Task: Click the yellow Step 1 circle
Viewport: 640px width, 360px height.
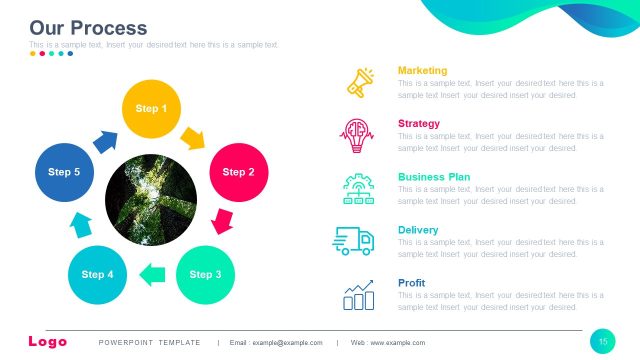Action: point(151,108)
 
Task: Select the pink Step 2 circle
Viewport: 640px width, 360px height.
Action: point(238,172)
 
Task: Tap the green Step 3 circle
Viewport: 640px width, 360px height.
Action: point(205,274)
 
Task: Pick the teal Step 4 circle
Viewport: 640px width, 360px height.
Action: point(97,274)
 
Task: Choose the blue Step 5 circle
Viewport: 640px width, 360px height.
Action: point(64,172)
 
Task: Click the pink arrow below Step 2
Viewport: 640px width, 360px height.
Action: point(224,219)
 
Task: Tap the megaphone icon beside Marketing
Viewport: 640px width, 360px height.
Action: point(359,82)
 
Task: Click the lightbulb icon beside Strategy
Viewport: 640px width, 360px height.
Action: point(357,134)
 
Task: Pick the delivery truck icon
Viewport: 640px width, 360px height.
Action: point(354,240)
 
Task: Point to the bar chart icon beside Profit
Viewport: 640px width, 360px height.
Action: point(358,294)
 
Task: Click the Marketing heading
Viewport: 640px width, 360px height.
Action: point(422,70)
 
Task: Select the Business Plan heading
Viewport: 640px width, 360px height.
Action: point(434,177)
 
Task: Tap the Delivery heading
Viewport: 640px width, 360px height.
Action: point(418,230)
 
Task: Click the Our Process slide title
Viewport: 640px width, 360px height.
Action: point(88,28)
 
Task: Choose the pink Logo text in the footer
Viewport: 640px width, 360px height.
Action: point(48,342)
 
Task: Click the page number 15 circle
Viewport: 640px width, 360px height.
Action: point(603,342)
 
